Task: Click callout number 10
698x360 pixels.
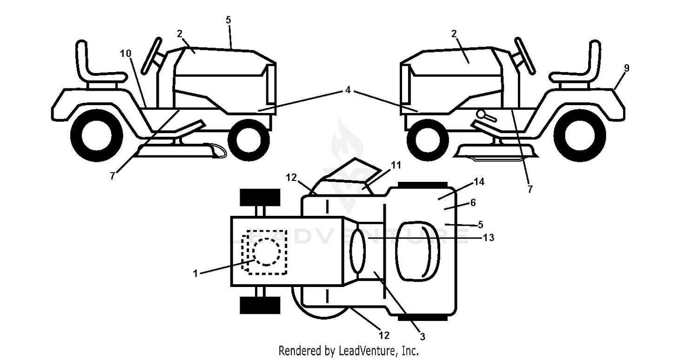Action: pyautogui.click(x=126, y=53)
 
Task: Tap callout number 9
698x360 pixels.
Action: pyautogui.click(x=627, y=68)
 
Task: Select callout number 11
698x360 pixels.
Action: pyautogui.click(x=396, y=165)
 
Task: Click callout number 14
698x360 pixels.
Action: pyautogui.click(x=479, y=181)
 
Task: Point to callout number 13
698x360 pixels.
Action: pyautogui.click(x=488, y=238)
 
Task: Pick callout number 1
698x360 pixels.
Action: pyautogui.click(x=195, y=274)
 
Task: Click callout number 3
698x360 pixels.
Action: pyautogui.click(x=422, y=336)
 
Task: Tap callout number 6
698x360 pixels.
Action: pyautogui.click(x=473, y=203)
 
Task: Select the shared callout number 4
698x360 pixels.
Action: pyautogui.click(x=348, y=90)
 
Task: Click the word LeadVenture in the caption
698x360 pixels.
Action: pyautogui.click(x=367, y=351)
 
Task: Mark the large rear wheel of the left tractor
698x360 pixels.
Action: pyautogui.click(x=97, y=135)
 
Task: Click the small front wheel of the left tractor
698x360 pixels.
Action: pyautogui.click(x=248, y=140)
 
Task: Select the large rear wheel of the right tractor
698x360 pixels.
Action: pyautogui.click(x=580, y=135)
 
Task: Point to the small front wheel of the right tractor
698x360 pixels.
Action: pyautogui.click(x=428, y=140)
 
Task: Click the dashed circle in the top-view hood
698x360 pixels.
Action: pyautogui.click(x=267, y=252)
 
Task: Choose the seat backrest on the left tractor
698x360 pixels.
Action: pyautogui.click(x=81, y=58)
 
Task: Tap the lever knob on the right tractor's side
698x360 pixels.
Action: pyautogui.click(x=482, y=114)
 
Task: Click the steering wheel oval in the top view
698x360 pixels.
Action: pyautogui.click(x=357, y=251)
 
